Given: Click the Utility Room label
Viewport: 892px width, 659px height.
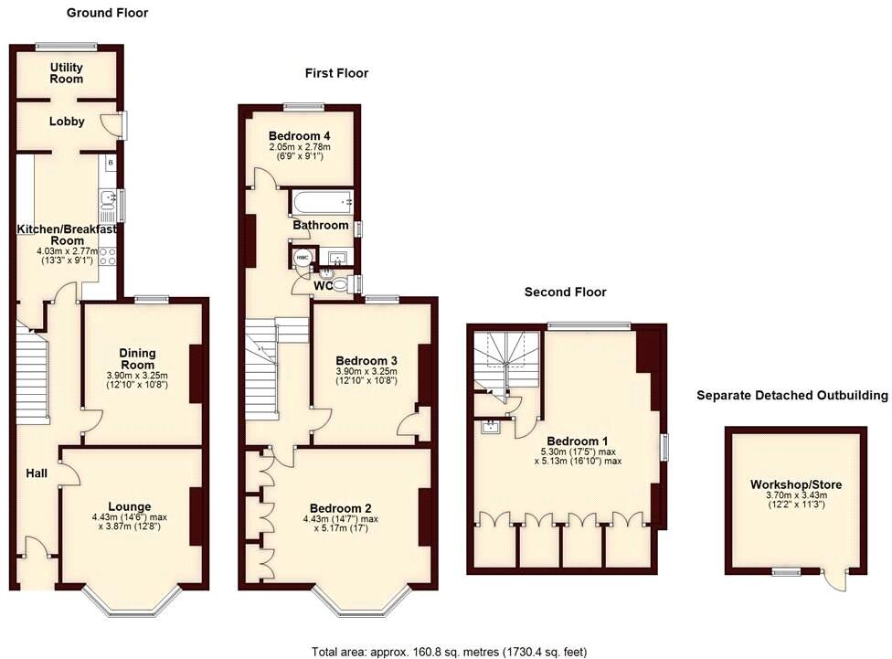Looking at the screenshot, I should [x=67, y=73].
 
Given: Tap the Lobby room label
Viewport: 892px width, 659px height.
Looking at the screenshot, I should [x=67, y=121].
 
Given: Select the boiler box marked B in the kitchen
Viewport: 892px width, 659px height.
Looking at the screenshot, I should [x=111, y=164].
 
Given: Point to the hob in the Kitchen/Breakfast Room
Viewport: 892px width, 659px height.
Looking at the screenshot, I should [x=109, y=257].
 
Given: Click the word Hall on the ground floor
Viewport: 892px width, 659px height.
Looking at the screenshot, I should [x=37, y=473].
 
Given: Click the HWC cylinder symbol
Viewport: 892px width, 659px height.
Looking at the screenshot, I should [x=303, y=259].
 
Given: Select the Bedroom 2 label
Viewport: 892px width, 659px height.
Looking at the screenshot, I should [x=339, y=508].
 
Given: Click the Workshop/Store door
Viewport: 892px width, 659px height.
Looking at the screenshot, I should [x=834, y=579].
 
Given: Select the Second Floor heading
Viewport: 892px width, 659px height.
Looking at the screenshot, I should [x=565, y=292].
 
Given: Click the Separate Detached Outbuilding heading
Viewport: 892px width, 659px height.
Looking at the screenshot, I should [x=791, y=396].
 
